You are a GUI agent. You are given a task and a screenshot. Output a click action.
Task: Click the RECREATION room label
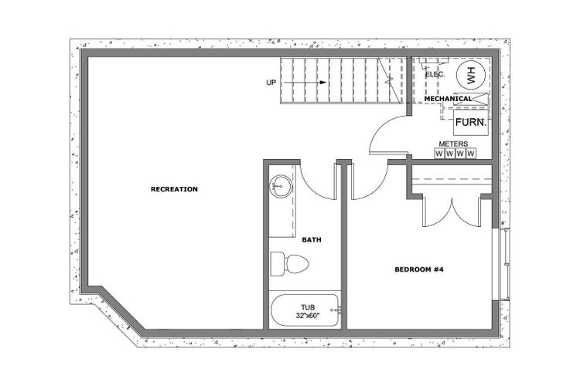click(174, 189)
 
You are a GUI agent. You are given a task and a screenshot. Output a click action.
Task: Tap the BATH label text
click(312, 240)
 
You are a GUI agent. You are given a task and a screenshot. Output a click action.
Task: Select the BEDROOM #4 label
click(418, 269)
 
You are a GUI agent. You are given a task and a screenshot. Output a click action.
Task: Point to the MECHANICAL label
click(448, 99)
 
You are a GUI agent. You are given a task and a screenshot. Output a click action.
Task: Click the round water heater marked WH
click(470, 75)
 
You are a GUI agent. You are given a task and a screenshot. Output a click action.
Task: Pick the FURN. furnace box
click(471, 123)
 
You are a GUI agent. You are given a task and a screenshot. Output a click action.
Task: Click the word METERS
click(453, 144)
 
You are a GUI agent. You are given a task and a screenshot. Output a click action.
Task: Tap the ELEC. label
click(435, 74)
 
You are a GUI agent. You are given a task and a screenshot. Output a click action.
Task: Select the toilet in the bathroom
click(289, 264)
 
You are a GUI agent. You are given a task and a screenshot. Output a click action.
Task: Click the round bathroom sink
click(281, 185)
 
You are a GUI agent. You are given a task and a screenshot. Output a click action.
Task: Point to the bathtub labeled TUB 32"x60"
click(305, 310)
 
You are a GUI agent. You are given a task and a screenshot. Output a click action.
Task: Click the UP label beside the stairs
click(271, 83)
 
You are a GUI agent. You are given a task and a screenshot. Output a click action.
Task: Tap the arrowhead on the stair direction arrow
click(323, 83)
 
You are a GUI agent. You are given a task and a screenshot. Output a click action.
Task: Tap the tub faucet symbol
click(337, 310)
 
